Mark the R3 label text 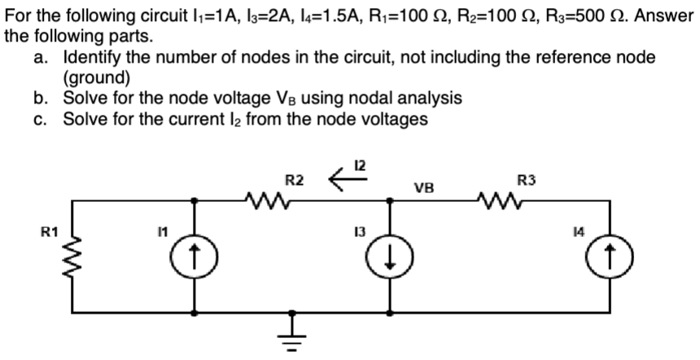pos(527,178)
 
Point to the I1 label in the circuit pos(164,233)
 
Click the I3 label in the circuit pos(358,233)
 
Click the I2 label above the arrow pos(359,165)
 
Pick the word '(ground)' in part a pos(96,79)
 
